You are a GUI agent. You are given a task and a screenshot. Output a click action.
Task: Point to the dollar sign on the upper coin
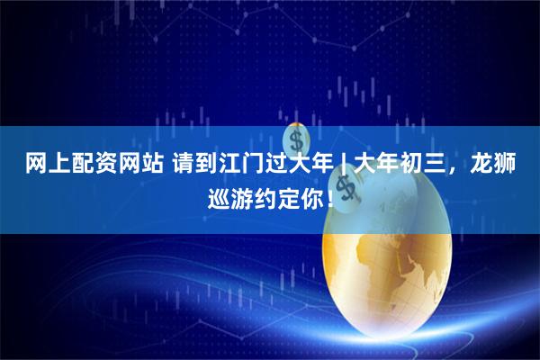(x=296, y=141)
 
